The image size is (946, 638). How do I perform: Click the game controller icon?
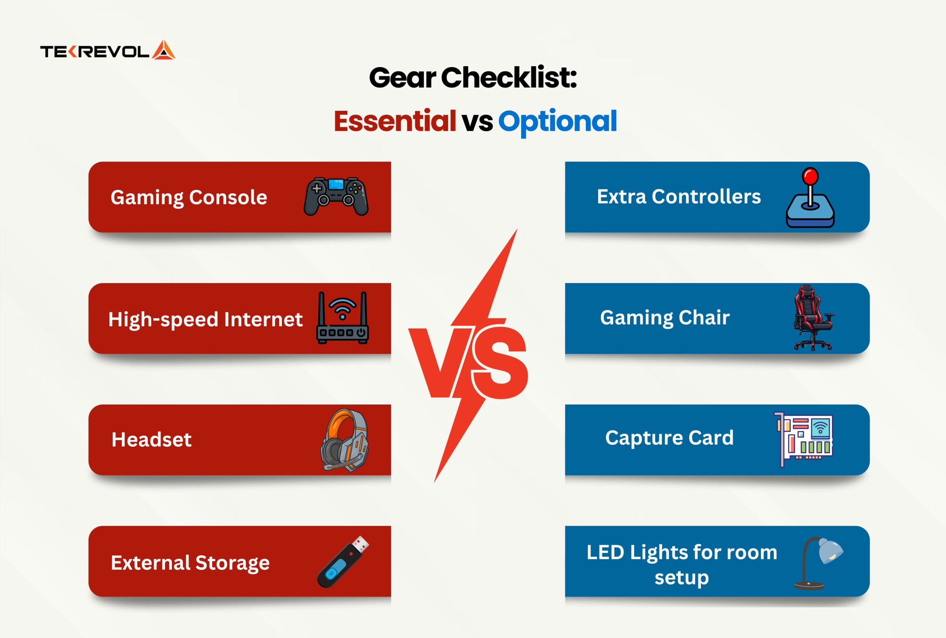click(x=336, y=196)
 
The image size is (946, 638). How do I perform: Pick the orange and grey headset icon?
click(x=344, y=440)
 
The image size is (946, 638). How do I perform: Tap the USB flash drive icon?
click(x=343, y=562)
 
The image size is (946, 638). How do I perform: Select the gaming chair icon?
click(x=813, y=318)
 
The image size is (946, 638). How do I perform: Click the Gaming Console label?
click(x=189, y=198)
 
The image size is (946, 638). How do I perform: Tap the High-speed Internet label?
click(x=205, y=320)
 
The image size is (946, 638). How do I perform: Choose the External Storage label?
click(x=190, y=563)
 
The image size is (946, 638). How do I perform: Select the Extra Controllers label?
click(x=678, y=196)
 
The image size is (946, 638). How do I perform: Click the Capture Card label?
click(x=669, y=438)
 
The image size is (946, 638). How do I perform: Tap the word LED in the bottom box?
click(x=605, y=552)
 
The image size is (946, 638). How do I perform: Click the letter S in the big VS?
click(x=501, y=362)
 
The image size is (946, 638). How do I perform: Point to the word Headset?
click(x=152, y=440)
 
